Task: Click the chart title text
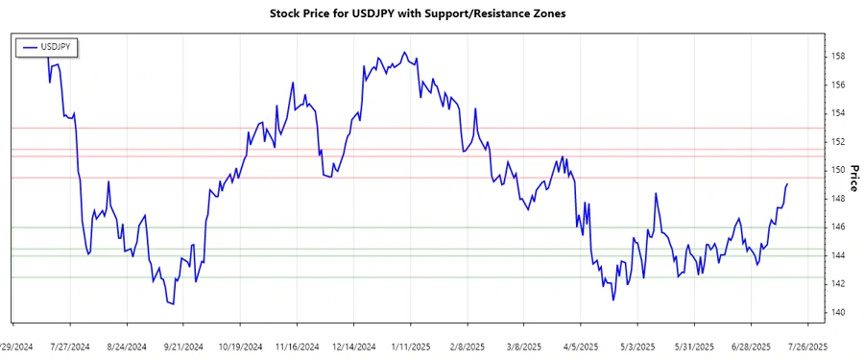click(432, 14)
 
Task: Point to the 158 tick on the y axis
click(838, 57)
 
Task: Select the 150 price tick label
click(838, 171)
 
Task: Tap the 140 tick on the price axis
click(838, 313)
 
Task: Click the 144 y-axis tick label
click(838, 256)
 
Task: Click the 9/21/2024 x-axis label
click(183, 346)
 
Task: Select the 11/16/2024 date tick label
click(294, 346)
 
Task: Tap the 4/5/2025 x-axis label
click(581, 346)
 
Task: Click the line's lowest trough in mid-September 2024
click(173, 304)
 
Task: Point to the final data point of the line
click(787, 184)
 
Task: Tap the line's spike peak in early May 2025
click(656, 193)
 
